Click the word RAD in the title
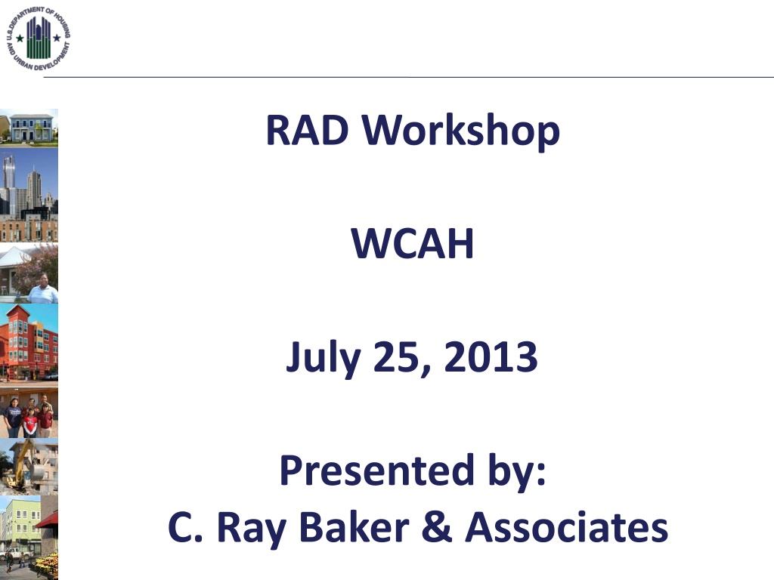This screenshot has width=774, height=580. (x=307, y=130)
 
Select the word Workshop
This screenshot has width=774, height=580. (x=460, y=131)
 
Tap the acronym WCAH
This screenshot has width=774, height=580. (x=412, y=243)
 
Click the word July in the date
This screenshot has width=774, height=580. (x=323, y=357)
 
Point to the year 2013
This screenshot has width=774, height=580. (x=491, y=356)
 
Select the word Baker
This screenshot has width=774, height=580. (x=354, y=526)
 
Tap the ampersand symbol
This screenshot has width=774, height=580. (x=437, y=526)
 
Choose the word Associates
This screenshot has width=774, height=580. (x=567, y=526)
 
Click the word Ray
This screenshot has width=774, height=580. (x=251, y=529)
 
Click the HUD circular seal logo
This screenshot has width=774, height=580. (x=39, y=39)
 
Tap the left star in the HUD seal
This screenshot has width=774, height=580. (x=20, y=38)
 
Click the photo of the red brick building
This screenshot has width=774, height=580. (x=29, y=344)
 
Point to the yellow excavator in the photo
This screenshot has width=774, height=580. (x=22, y=466)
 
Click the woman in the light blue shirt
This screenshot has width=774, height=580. (x=43, y=289)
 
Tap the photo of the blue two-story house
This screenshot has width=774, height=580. (x=29, y=128)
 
